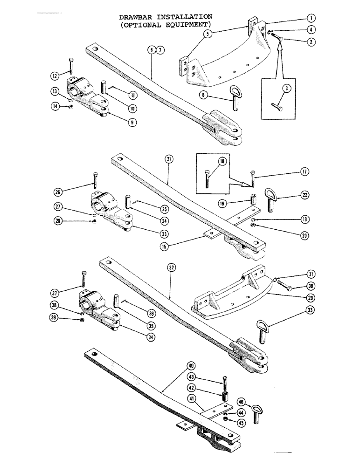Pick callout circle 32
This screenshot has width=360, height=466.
pos(171,268)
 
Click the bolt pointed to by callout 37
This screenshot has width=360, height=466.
pos(83,278)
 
